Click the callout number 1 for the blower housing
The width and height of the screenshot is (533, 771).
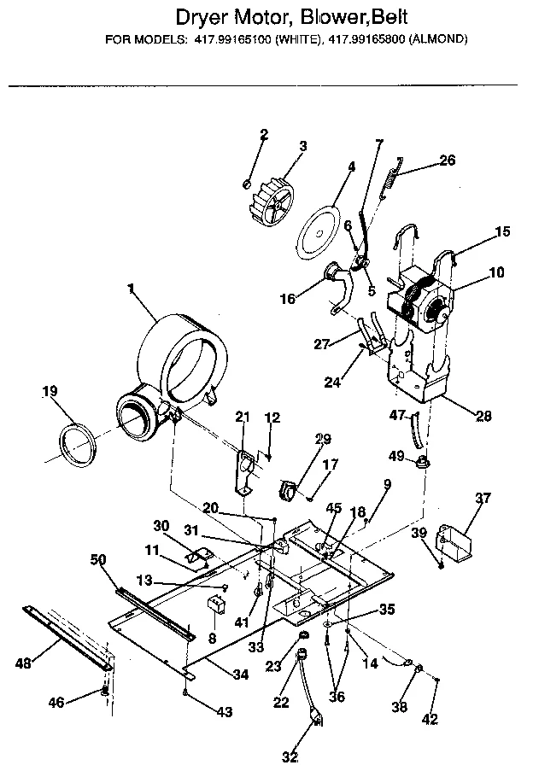(132, 289)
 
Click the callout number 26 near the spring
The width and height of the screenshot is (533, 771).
(448, 160)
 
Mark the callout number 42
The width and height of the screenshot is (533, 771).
(430, 720)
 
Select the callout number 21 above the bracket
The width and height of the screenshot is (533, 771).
(243, 416)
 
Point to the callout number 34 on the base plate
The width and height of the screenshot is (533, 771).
(241, 675)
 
